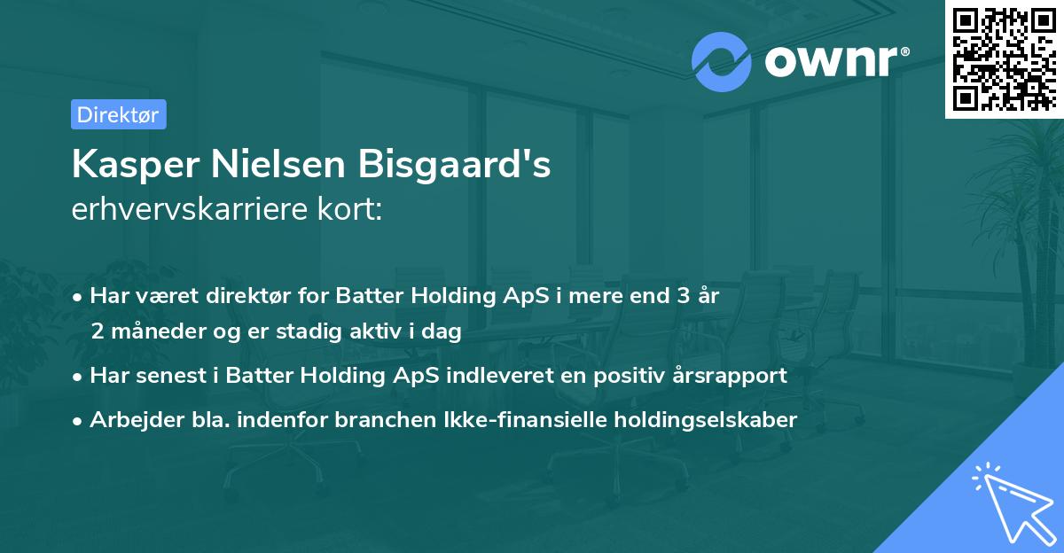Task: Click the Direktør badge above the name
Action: click(x=118, y=114)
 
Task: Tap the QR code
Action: click(x=1005, y=58)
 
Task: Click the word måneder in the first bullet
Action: click(x=155, y=331)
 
